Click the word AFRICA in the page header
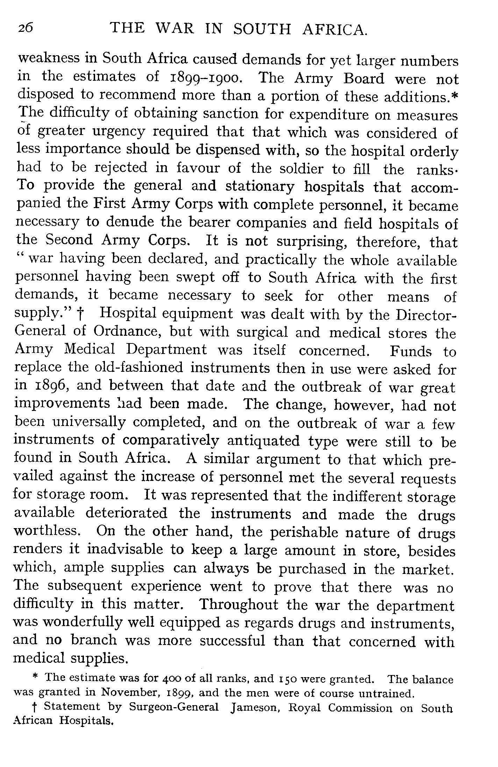coord(335,29)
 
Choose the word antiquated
coord(263,441)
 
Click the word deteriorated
coord(126,513)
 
